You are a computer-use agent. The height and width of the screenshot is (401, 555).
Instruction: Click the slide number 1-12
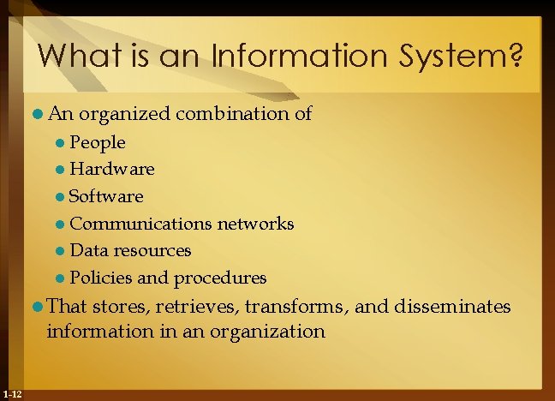click(12, 393)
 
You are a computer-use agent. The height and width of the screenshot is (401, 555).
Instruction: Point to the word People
click(98, 142)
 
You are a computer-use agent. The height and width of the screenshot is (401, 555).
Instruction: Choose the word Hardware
click(112, 170)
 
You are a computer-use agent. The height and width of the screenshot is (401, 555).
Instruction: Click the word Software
click(106, 196)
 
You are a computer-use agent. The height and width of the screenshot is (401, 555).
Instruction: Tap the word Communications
click(140, 224)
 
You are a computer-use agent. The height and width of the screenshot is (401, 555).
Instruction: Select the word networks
click(255, 224)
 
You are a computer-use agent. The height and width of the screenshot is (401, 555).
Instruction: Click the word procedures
click(220, 278)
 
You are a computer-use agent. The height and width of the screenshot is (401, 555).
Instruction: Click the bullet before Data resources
click(60, 251)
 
